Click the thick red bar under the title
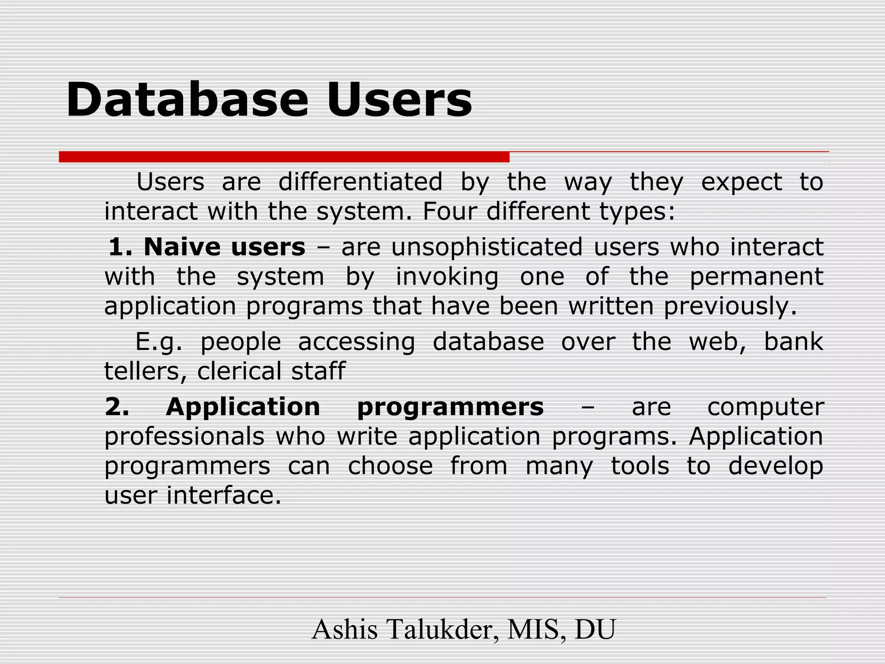click(284, 157)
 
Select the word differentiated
click(360, 182)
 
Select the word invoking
click(447, 277)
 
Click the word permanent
click(756, 277)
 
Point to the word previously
click(730, 306)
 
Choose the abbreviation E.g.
click(159, 342)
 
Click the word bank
click(793, 342)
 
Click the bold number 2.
click(117, 407)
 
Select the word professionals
click(185, 437)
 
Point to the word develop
click(776, 467)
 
